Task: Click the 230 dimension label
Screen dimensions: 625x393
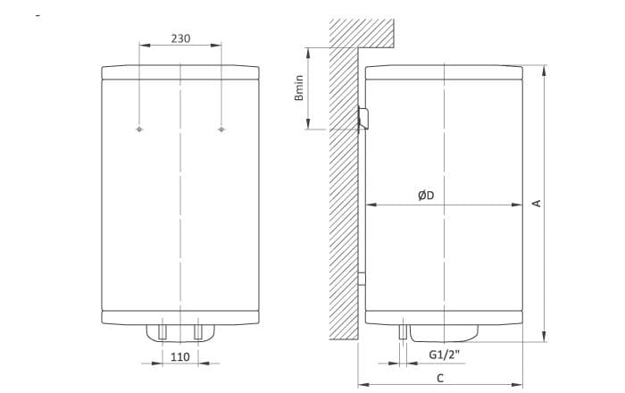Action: click(180, 38)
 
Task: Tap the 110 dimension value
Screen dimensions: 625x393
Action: click(180, 356)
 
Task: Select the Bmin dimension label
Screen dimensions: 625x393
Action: click(299, 88)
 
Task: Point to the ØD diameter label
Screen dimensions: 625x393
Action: click(426, 196)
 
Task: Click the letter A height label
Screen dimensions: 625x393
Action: click(537, 204)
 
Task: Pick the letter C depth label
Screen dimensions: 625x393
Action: click(440, 378)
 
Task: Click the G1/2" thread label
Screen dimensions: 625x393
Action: click(445, 354)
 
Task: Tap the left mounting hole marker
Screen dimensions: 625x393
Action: click(139, 130)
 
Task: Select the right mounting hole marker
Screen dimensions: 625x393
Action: click(221, 130)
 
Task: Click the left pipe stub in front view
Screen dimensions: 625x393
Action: click(162, 331)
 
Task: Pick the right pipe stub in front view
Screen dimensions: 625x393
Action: click(198, 331)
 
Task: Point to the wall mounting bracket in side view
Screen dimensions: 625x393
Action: click(363, 119)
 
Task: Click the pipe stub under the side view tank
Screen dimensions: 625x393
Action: click(403, 331)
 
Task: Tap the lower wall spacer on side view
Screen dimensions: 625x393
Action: click(362, 279)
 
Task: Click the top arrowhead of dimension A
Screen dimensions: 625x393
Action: click(544, 71)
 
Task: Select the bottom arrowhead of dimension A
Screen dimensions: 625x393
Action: click(544, 336)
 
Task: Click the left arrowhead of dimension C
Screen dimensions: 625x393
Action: click(363, 385)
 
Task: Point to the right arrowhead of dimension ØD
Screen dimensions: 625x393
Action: click(517, 205)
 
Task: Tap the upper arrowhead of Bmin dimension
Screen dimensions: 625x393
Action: click(308, 54)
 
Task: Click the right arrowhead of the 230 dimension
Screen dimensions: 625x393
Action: click(216, 45)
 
